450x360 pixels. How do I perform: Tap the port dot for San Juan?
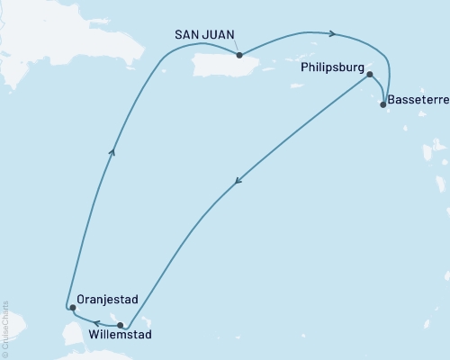tap(239, 55)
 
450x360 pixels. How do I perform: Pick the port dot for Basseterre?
tap(383, 104)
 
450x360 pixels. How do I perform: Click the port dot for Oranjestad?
tap(73, 308)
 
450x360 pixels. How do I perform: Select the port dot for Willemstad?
tap(121, 325)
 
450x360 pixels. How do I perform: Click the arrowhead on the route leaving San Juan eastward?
tap(333, 34)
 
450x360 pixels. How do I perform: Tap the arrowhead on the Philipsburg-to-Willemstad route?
tap(238, 182)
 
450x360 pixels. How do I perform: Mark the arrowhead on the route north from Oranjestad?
tap(112, 153)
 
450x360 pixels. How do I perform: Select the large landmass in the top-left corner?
tap(22, 36)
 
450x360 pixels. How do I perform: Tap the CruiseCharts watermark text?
tap(4, 329)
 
